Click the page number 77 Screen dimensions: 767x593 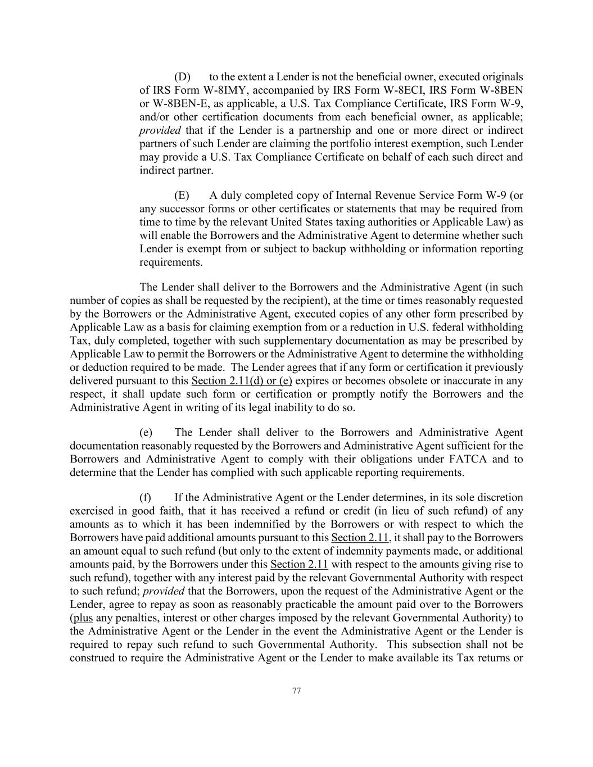coord(297,691)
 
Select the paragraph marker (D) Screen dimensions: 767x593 coord(182,77)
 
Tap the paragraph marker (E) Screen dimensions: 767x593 coord(182,196)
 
